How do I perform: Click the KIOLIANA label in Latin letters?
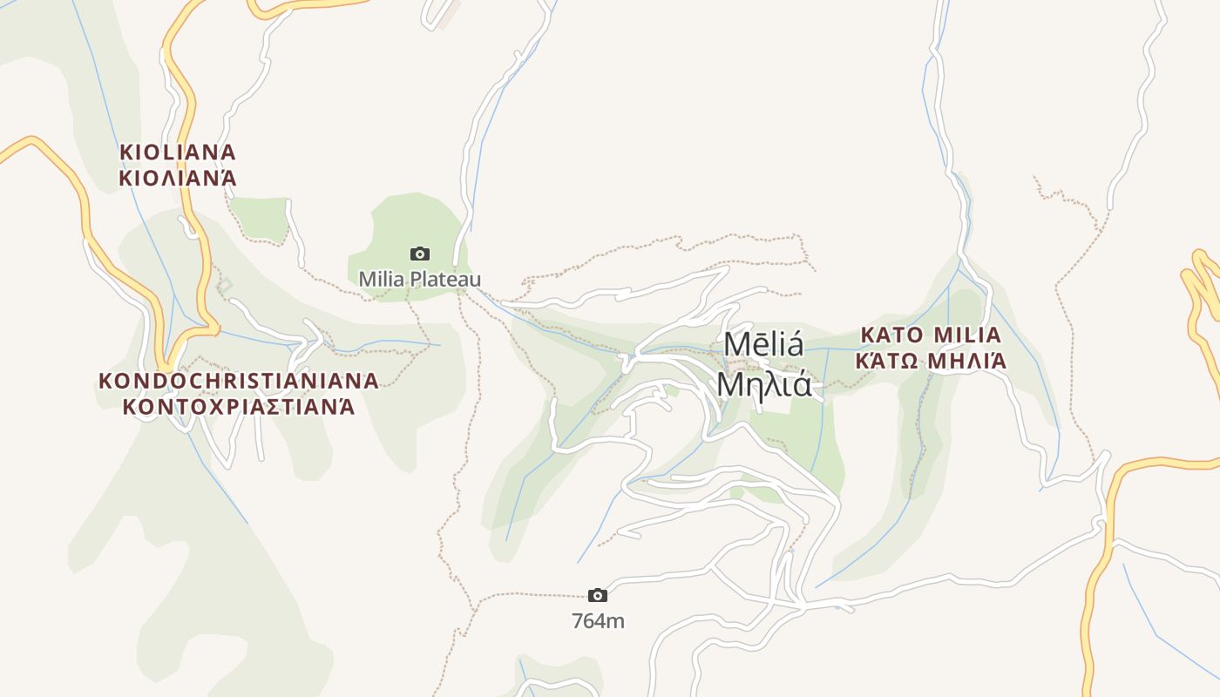(178, 152)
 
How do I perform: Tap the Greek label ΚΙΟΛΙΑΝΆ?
(178, 179)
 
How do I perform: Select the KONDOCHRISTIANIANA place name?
(239, 381)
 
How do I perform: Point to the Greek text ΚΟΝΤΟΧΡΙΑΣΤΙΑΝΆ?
(239, 407)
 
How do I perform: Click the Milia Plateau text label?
(420, 280)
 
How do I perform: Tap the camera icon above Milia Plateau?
(420, 254)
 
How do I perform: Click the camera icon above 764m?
(598, 596)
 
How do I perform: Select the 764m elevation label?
(598, 621)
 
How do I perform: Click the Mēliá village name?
(764, 345)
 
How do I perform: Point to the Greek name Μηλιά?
(764, 384)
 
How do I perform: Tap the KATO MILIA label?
(931, 335)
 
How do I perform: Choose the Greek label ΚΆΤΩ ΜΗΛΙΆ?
(931, 361)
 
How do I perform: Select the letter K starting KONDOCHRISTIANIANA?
(105, 381)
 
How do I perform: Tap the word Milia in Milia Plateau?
(380, 280)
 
